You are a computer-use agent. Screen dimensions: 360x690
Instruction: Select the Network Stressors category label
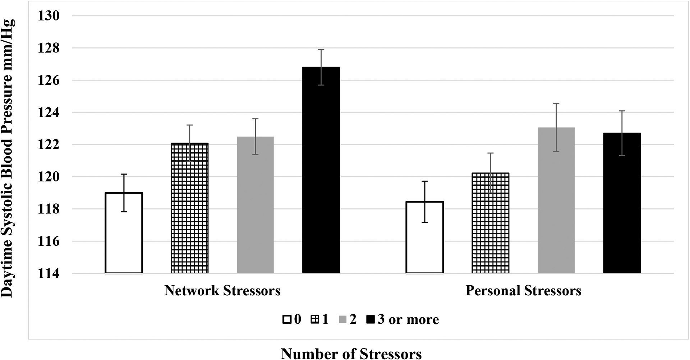click(x=222, y=291)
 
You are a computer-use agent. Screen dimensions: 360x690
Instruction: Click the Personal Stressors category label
click(x=523, y=291)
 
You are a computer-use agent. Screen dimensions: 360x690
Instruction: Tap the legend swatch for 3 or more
click(x=371, y=319)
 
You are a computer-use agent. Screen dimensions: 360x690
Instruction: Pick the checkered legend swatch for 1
click(x=316, y=319)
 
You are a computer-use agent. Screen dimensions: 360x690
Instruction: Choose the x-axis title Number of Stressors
click(x=351, y=354)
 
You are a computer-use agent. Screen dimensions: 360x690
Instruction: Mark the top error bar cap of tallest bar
click(x=321, y=50)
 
